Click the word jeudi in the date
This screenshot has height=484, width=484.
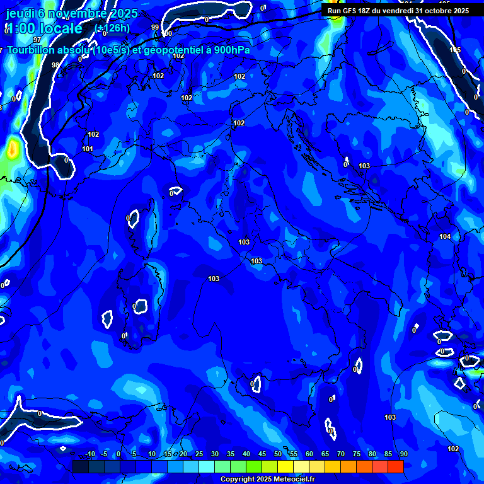[x=19, y=14]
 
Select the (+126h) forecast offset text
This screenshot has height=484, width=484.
[x=112, y=28]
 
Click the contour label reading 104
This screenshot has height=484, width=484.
[x=445, y=236]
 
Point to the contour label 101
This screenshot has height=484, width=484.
[x=88, y=149]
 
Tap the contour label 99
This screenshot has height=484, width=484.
[x=155, y=27]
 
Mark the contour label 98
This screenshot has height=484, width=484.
[x=55, y=65]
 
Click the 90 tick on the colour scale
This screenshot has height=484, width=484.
[x=403, y=454]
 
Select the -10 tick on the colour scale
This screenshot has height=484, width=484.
[x=90, y=454]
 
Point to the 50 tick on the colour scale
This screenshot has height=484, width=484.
[x=278, y=454]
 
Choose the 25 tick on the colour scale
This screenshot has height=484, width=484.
[x=199, y=454]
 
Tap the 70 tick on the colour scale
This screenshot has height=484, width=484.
[x=341, y=454]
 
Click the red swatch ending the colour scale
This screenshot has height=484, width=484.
[x=395, y=466]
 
